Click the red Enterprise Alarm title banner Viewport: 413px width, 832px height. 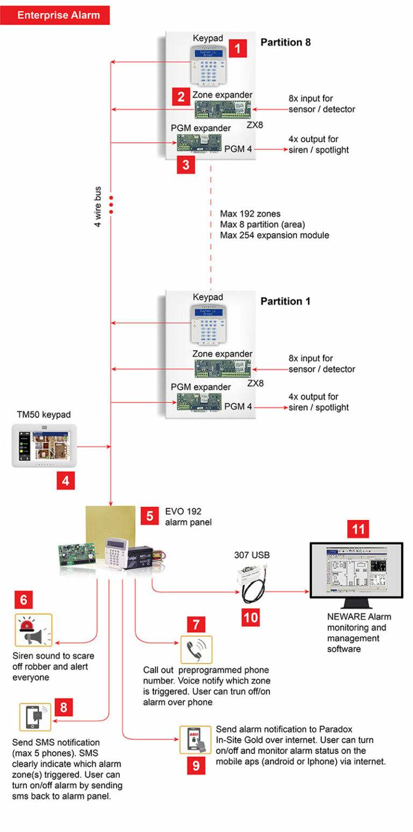[55, 15]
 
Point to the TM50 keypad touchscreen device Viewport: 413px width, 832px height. [45, 446]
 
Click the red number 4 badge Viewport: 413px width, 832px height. [66, 480]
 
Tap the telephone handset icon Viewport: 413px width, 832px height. [196, 649]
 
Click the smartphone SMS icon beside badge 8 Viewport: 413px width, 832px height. [35, 717]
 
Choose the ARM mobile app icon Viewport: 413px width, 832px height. [196, 740]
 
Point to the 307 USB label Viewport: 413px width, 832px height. [252, 555]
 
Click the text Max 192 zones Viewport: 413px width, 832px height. [250, 214]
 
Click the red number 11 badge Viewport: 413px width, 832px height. [358, 529]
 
